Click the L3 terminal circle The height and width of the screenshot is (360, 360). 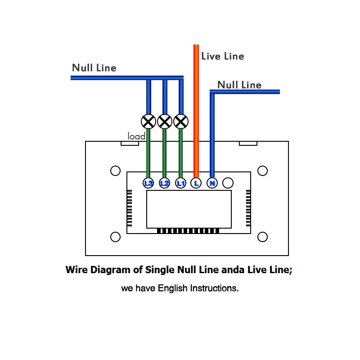(148, 183)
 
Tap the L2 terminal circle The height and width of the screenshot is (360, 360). (164, 183)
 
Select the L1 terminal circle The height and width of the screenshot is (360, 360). (181, 183)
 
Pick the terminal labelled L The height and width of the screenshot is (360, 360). (196, 183)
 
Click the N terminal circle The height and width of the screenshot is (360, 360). (212, 183)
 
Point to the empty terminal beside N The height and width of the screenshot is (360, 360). (228, 183)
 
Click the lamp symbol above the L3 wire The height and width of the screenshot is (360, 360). (148, 121)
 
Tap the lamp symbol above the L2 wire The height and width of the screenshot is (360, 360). (165, 121)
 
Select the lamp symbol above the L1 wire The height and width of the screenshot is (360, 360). (181, 121)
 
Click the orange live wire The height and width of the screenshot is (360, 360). (196, 111)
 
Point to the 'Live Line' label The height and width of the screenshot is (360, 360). (223, 56)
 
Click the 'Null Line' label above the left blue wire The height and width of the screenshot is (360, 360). (94, 68)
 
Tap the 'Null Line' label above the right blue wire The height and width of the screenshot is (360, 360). (239, 85)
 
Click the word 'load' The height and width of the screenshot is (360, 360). (136, 136)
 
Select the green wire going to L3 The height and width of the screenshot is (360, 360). (148, 153)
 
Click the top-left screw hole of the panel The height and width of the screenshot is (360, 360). (115, 171)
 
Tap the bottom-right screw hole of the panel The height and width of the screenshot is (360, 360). (262, 237)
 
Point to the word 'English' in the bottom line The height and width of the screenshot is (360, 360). (172, 288)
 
